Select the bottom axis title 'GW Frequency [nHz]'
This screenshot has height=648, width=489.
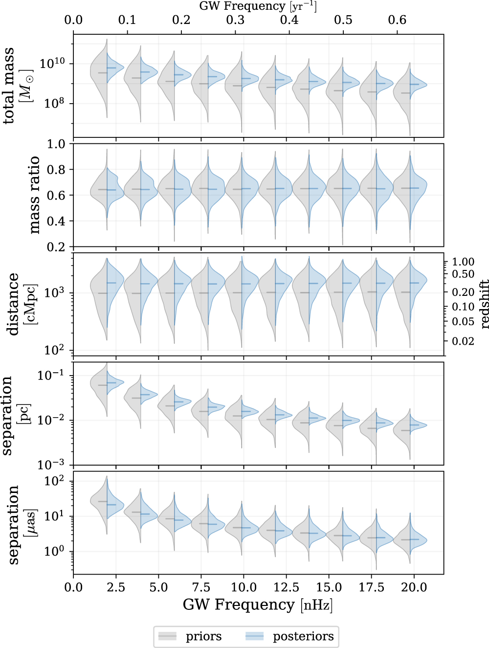click(x=258, y=605)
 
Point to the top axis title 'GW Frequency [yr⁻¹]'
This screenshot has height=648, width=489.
click(x=258, y=6)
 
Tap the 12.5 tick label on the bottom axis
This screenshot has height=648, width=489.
click(x=286, y=587)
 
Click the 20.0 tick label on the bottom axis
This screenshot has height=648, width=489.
click(x=414, y=587)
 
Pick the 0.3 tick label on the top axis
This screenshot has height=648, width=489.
click(x=235, y=20)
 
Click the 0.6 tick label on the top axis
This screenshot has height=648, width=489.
click(x=397, y=20)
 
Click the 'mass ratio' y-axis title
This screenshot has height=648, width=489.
click(x=34, y=195)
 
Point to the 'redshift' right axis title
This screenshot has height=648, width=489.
click(x=484, y=304)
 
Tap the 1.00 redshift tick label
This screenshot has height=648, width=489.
click(x=463, y=262)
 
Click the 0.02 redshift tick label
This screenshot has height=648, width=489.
click(x=463, y=341)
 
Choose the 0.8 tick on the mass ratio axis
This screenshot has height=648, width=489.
click(x=56, y=170)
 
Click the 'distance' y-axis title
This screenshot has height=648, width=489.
click(x=13, y=304)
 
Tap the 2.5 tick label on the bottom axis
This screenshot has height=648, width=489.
click(x=116, y=587)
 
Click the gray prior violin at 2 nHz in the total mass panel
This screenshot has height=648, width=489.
click(x=99, y=73)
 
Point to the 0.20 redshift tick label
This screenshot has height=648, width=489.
click(x=463, y=292)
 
